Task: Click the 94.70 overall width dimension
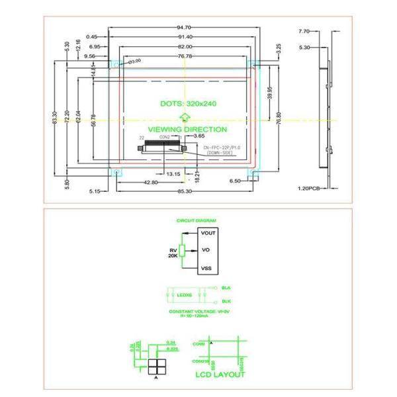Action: (185, 27)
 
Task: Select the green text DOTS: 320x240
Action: (189, 104)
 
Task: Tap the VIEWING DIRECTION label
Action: (187, 130)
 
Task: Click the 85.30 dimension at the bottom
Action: (185, 192)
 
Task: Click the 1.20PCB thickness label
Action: (309, 188)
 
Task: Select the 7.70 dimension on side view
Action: (304, 31)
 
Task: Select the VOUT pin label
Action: (208, 233)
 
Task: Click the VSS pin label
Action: (205, 268)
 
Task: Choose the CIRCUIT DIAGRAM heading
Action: (196, 220)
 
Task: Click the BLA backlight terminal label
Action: (226, 288)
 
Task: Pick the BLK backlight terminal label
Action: (226, 301)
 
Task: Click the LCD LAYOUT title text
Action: (220, 375)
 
